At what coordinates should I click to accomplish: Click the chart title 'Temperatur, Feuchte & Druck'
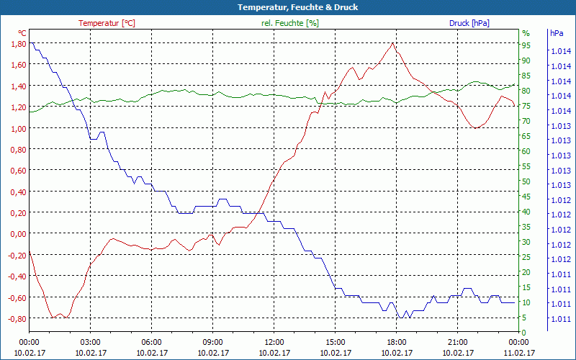pyautogui.click(x=287, y=7)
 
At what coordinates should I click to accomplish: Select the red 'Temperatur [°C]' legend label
pyautogui.click(x=107, y=23)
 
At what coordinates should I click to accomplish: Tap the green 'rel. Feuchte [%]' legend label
pyautogui.click(x=289, y=23)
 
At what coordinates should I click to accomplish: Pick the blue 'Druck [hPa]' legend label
pyautogui.click(x=469, y=23)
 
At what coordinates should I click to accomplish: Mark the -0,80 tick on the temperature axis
pyautogui.click(x=17, y=319)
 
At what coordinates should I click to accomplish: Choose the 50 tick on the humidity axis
pyautogui.click(x=526, y=181)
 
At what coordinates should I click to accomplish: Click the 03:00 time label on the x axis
pyautogui.click(x=90, y=343)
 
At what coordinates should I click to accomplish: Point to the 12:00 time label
pyautogui.click(x=274, y=343)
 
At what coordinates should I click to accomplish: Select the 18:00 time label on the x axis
pyautogui.click(x=396, y=343)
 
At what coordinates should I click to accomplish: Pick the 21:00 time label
pyautogui.click(x=457, y=343)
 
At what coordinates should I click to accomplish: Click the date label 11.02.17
pyautogui.click(x=518, y=353)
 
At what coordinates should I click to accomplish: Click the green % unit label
pyautogui.click(x=526, y=33)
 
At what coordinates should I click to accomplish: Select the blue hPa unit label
pyautogui.click(x=557, y=33)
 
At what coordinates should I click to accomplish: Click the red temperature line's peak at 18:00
pyautogui.click(x=392, y=43)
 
